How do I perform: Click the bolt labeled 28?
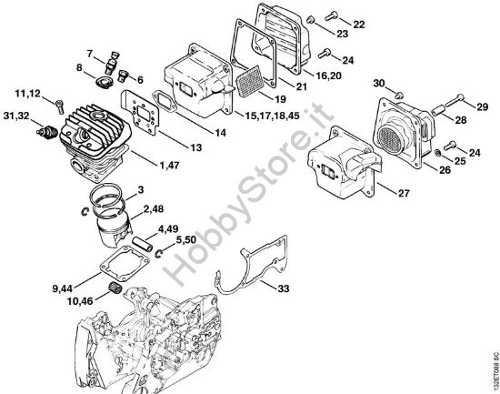[437, 110]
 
